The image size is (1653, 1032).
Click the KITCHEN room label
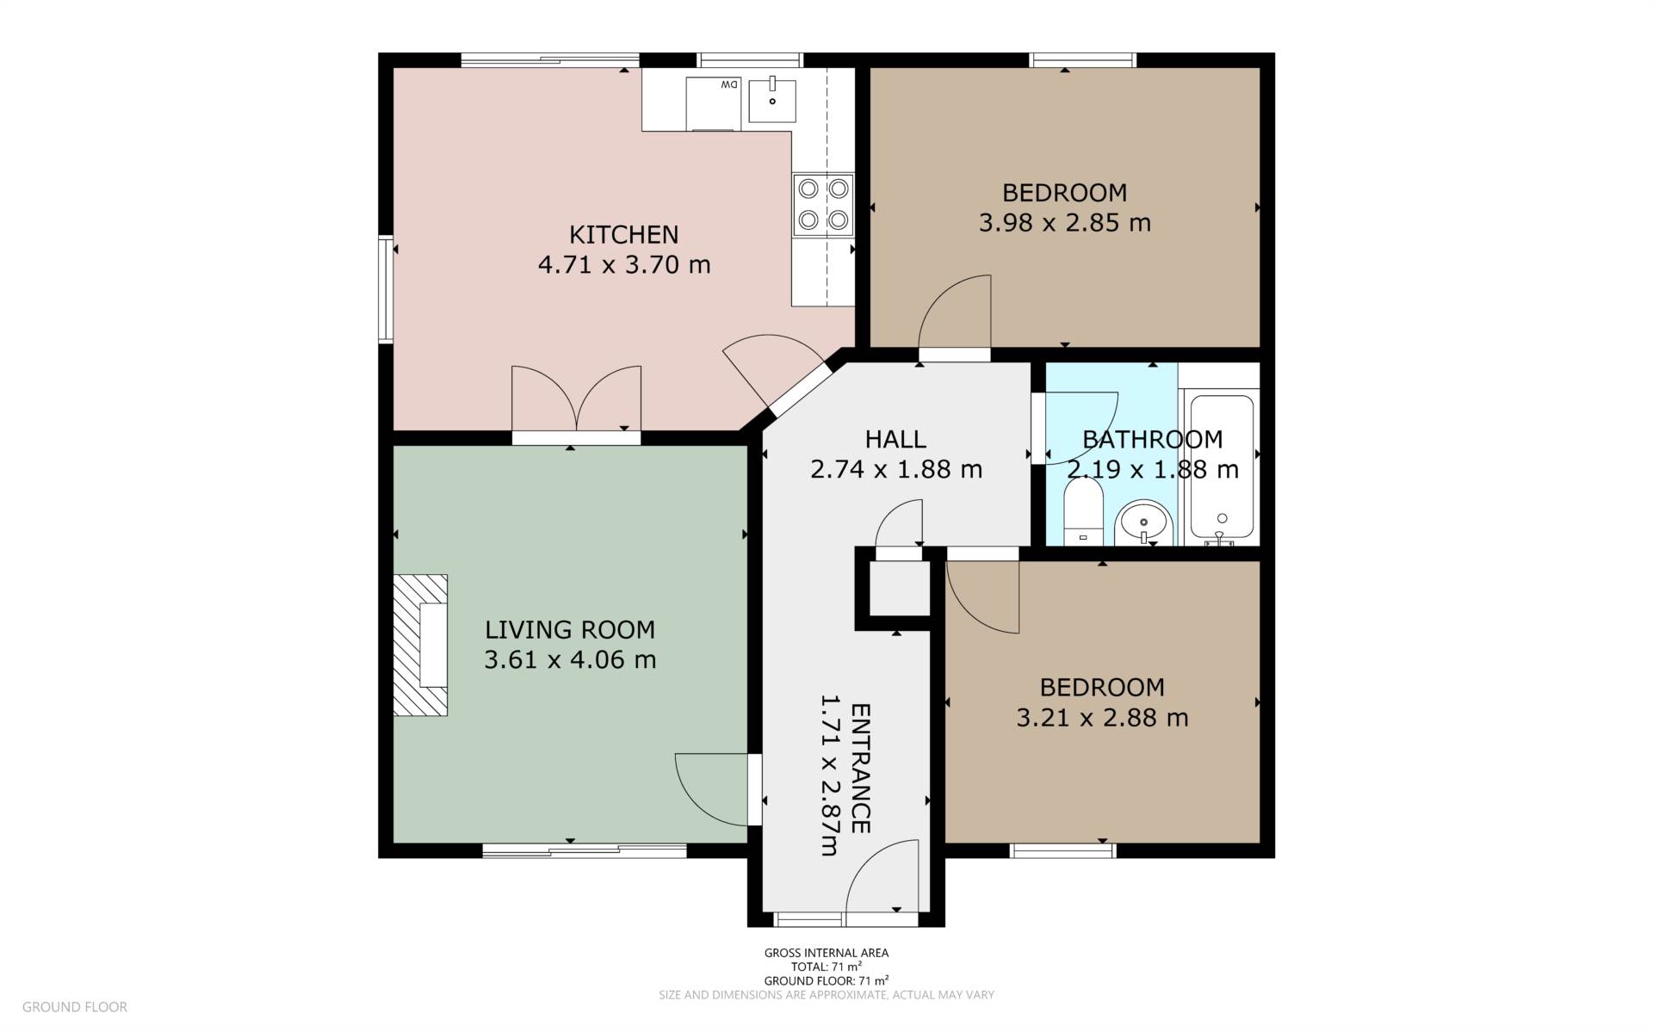pyautogui.click(x=623, y=234)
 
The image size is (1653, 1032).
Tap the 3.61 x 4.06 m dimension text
pyautogui.click(x=570, y=660)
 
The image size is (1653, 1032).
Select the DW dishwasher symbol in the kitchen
pyautogui.click(x=714, y=103)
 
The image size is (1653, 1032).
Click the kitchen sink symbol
pyautogui.click(x=771, y=100)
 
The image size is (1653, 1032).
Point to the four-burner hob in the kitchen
pyautogui.click(x=823, y=205)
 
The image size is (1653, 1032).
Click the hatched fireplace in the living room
pyautogui.click(x=421, y=645)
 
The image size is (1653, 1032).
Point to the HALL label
pyautogui.click(x=895, y=439)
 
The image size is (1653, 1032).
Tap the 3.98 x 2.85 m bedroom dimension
pyautogui.click(x=1064, y=223)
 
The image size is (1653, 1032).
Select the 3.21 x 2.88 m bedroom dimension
pyautogui.click(x=1102, y=718)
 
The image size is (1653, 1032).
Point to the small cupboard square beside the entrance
pyautogui.click(x=899, y=589)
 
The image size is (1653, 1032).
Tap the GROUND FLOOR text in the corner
pyautogui.click(x=75, y=1006)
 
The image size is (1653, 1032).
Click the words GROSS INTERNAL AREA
pyautogui.click(x=826, y=953)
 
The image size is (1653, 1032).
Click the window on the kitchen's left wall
pyautogui.click(x=386, y=289)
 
